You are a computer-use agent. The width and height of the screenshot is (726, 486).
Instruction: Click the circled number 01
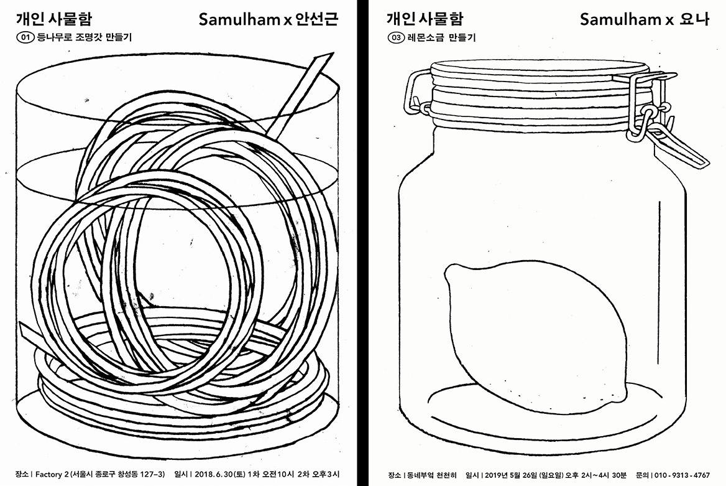click(x=25, y=37)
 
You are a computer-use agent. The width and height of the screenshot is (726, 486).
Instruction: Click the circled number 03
click(x=396, y=37)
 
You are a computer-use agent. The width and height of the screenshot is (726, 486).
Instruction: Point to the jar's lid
click(x=540, y=93)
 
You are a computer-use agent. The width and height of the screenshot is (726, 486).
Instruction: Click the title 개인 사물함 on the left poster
click(x=54, y=19)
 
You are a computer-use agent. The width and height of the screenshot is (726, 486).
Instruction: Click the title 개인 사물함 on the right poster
click(x=425, y=19)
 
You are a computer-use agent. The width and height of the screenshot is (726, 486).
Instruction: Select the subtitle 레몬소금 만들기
click(x=442, y=37)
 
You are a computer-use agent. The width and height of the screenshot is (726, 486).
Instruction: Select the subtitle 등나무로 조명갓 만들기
click(x=84, y=37)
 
